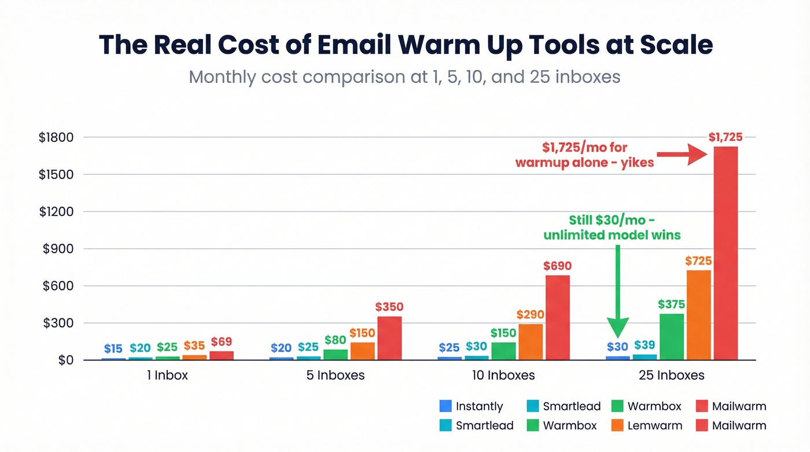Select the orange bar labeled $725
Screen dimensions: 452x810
[x=698, y=315]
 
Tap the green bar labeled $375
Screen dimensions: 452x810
[x=671, y=336]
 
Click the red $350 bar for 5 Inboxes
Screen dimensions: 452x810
[x=389, y=338]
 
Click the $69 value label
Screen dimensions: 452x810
[x=221, y=341]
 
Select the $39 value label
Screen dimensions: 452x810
[x=645, y=345]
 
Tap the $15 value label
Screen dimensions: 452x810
[x=113, y=348]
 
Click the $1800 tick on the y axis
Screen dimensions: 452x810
[x=56, y=138]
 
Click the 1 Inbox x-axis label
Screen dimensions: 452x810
[x=168, y=375]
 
